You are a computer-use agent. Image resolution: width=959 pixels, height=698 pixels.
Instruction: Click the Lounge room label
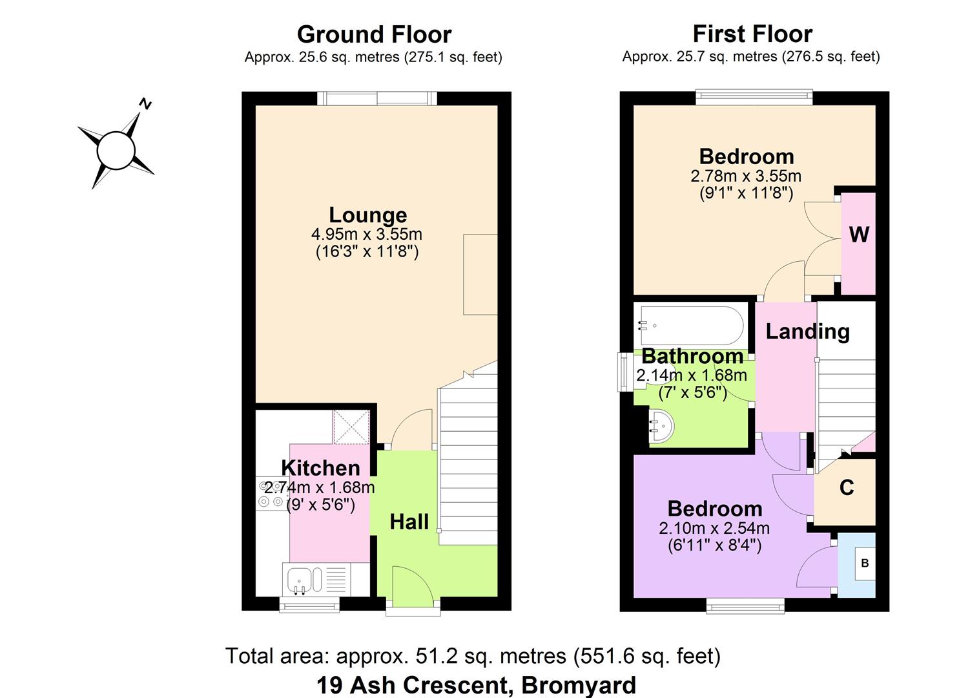[367, 215]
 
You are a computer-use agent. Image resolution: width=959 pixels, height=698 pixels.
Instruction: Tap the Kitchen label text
[320, 468]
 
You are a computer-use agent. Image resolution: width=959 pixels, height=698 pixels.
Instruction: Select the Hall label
[409, 522]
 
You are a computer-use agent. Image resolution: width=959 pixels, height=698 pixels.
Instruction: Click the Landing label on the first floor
[807, 332]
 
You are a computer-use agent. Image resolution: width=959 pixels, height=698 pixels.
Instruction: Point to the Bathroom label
[692, 356]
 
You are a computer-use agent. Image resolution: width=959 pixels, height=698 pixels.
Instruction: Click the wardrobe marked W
[858, 235]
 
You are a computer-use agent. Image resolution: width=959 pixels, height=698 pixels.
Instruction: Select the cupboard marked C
[847, 488]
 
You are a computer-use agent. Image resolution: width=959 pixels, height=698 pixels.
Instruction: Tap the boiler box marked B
[865, 563]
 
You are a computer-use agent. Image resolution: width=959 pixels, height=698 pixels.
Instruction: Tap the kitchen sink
[299, 579]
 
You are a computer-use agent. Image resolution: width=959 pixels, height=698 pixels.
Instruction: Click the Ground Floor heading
[374, 34]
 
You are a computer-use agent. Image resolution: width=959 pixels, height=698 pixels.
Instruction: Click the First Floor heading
[752, 34]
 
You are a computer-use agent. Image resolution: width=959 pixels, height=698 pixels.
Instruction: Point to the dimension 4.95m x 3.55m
[367, 234]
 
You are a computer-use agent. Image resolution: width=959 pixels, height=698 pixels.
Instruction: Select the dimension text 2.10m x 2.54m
[714, 528]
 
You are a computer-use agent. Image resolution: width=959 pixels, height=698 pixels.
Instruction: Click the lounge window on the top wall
[377, 98]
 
